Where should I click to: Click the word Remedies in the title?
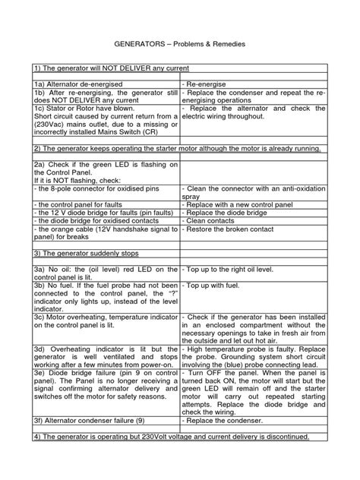coord(224,46)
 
